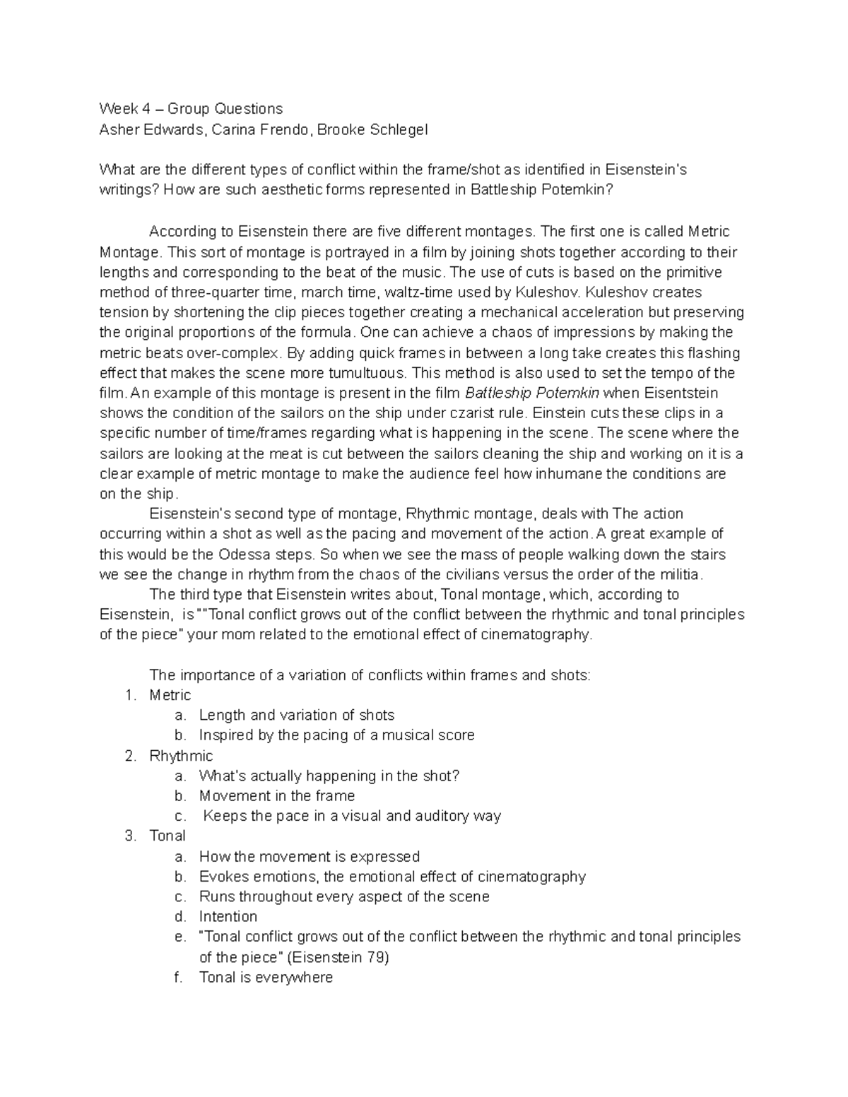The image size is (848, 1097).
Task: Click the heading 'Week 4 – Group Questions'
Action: (x=191, y=109)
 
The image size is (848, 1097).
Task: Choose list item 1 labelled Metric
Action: (x=170, y=695)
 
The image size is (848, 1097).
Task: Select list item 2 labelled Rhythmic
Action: (x=181, y=756)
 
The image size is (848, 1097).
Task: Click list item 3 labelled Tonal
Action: (x=167, y=836)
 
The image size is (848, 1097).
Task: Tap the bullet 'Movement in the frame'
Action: (x=277, y=796)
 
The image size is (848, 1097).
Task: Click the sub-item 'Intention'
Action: (x=228, y=917)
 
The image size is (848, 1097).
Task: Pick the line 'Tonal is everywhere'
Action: (x=266, y=978)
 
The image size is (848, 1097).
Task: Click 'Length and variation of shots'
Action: (x=297, y=715)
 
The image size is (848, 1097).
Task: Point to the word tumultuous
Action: (x=368, y=373)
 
